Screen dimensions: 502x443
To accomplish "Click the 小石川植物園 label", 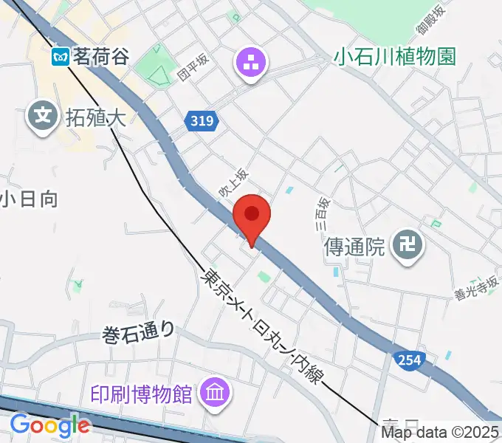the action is (x=395, y=56).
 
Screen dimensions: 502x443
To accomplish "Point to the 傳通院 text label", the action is (x=355, y=246).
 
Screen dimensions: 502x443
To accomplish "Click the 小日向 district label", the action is (x=28, y=199).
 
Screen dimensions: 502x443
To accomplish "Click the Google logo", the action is (x=49, y=425).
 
